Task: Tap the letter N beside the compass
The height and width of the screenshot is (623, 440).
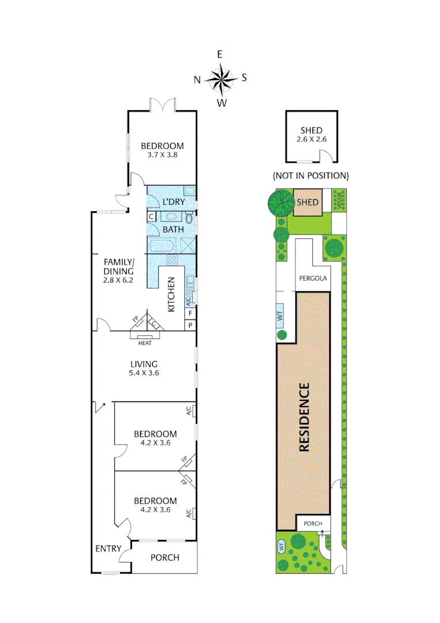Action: point(197,80)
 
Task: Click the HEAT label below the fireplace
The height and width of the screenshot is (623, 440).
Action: point(145,343)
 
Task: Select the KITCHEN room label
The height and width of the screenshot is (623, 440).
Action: point(171,294)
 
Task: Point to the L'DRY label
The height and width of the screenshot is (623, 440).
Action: point(173,201)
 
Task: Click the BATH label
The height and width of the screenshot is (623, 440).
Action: point(173,229)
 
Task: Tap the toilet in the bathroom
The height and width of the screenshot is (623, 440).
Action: point(190,218)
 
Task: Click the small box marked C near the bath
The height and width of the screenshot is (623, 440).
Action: point(151,216)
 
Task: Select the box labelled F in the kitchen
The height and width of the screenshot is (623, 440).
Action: point(190,313)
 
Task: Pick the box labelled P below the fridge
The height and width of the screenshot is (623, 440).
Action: point(190,325)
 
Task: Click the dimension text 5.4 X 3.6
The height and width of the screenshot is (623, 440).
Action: point(144,373)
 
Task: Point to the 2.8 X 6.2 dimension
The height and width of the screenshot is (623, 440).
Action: point(119,280)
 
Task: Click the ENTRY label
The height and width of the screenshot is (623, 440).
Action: point(108,549)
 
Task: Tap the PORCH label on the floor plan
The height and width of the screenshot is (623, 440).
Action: point(165,558)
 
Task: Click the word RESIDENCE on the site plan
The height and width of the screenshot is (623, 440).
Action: point(305,416)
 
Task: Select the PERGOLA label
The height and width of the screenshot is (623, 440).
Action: point(313,278)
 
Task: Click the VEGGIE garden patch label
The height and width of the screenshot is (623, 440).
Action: point(340,200)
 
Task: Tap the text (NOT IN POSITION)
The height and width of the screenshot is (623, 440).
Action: point(312,175)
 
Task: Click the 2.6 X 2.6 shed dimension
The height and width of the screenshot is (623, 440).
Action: point(312,139)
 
